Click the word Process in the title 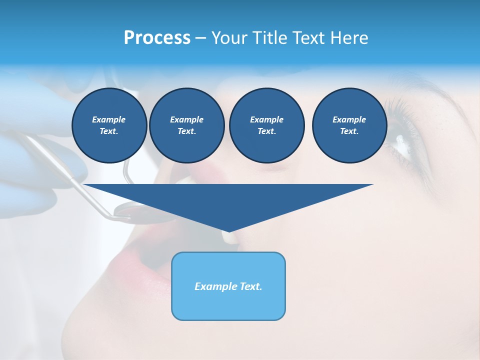pos(157,38)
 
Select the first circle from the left pos(109,125)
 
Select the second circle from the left pos(186,125)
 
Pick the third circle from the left pos(266,125)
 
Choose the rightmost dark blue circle pos(349,125)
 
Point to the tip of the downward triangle pos(228,230)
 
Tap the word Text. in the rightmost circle pos(349,131)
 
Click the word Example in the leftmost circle pos(109,119)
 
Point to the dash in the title pos(201,38)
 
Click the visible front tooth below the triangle pos(231,239)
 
